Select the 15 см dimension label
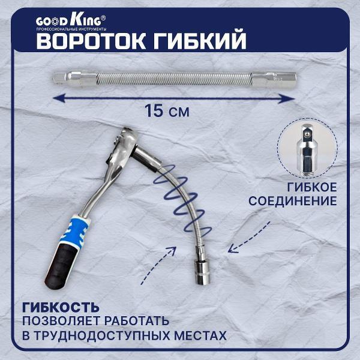tap(161, 110)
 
